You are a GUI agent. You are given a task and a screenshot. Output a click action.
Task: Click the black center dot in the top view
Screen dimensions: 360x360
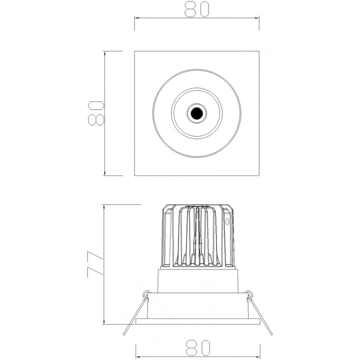point(196,113)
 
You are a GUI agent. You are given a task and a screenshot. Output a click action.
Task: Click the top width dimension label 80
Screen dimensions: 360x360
point(196,8)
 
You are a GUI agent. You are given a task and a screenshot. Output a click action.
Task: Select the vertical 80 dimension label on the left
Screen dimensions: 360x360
point(94,112)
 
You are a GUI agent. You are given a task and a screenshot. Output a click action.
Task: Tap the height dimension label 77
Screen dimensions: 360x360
point(94,263)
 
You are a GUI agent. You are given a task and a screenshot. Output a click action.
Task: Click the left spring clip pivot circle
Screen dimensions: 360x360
point(145,294)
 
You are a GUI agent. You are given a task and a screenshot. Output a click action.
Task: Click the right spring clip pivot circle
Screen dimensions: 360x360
point(248,294)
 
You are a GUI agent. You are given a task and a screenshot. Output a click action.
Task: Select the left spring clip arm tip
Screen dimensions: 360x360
point(123,334)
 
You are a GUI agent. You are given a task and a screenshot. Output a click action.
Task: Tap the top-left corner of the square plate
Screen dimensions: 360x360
point(135,51)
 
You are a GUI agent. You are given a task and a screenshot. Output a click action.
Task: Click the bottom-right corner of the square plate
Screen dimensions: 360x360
point(259,175)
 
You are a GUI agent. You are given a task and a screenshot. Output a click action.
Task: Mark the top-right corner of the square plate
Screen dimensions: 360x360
point(259,51)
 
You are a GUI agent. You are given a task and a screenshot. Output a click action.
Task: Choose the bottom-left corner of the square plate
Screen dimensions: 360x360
point(135,175)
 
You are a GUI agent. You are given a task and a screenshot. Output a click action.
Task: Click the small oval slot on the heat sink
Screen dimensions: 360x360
point(227,219)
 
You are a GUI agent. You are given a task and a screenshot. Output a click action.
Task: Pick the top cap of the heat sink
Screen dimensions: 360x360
point(197,205)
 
